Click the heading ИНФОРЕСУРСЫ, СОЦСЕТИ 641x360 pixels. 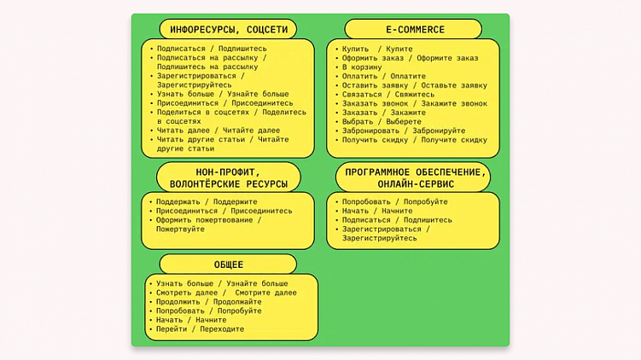228,29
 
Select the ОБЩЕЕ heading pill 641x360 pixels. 228,264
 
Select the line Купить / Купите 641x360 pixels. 377,49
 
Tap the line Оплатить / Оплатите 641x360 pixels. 383,77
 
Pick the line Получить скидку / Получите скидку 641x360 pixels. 415,140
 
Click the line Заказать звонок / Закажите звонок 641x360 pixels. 415,103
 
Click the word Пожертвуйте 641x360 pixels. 180,229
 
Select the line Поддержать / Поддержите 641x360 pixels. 207,202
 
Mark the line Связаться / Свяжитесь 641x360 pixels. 388,95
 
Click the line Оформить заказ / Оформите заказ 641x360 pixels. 410,59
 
